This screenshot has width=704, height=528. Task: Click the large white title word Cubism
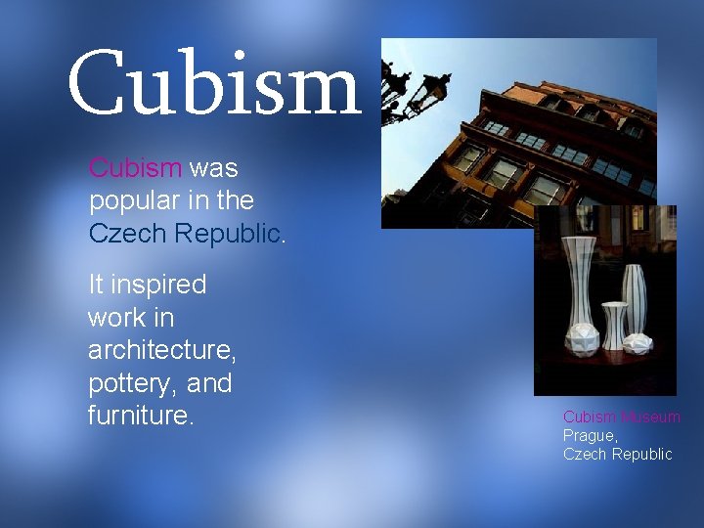coord(214,84)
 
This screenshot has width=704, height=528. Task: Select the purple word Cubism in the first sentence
coord(135,167)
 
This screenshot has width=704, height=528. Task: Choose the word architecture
coord(161,351)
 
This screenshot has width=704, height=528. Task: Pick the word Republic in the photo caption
coord(641,454)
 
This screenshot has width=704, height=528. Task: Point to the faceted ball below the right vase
coord(638,343)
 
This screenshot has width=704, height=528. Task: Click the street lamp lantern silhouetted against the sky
coord(402,82)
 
